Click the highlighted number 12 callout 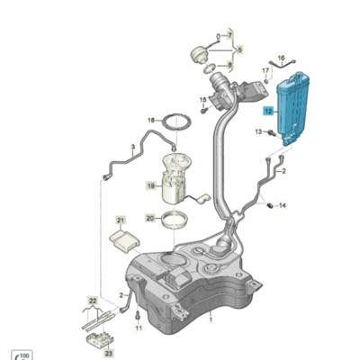tap(268, 112)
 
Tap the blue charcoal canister tap(292, 108)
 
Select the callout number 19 tap(151, 186)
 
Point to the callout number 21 tap(121, 220)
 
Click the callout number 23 tap(109, 354)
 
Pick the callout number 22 tap(93, 301)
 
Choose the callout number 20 tap(151, 218)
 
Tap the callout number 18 tap(151, 121)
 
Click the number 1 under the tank tap(211, 319)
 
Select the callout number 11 tap(139, 328)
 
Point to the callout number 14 tap(283, 205)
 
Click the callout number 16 tap(281, 58)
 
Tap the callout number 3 tap(133, 147)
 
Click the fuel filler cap tap(198, 56)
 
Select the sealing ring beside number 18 tap(176, 121)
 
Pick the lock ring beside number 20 tap(175, 220)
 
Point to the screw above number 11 tap(138, 316)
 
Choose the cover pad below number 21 tap(124, 241)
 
